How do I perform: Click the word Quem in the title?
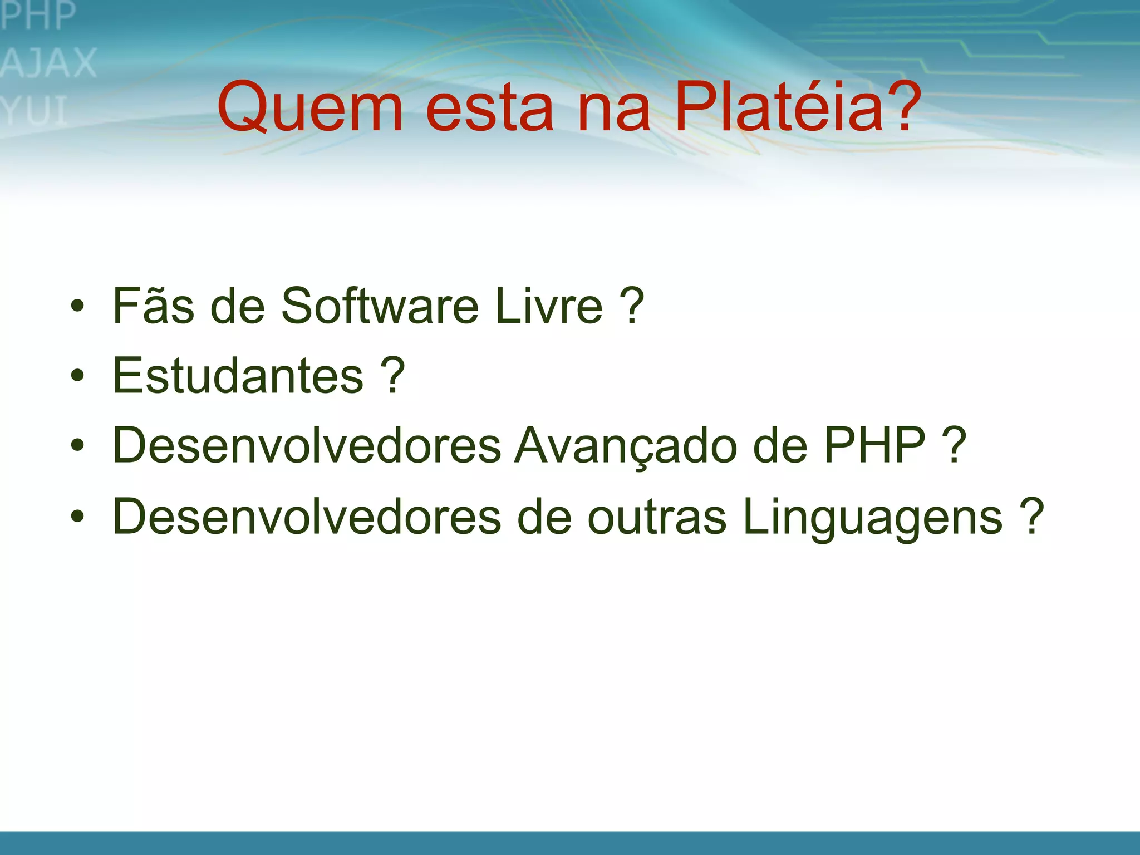[310, 107]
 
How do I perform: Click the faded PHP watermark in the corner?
[38, 16]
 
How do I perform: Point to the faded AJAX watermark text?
[49, 63]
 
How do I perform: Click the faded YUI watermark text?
[35, 110]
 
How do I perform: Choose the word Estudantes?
[238, 375]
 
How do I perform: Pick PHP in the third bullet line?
[874, 445]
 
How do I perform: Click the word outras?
[657, 517]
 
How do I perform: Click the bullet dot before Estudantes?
[77, 376]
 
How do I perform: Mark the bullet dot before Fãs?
[77, 306]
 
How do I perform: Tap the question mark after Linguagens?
[1033, 516]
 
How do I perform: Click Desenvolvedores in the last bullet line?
[307, 517]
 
